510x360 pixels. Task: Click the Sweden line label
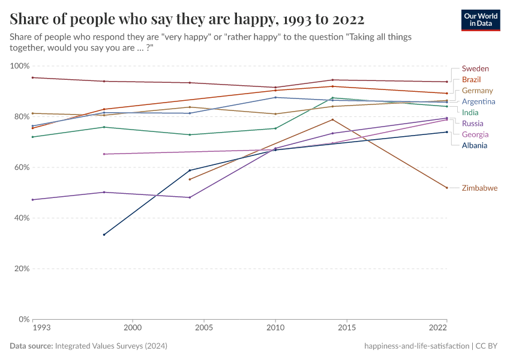(475, 69)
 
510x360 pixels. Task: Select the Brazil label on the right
(472, 80)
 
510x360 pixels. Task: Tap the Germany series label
(478, 91)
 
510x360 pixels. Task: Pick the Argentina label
(478, 102)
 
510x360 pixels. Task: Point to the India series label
(470, 113)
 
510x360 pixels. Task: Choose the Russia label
(472, 124)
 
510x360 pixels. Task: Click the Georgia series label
(475, 134)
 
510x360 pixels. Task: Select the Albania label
(475, 145)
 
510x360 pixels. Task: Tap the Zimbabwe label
(479, 188)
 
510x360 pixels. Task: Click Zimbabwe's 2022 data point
(447, 188)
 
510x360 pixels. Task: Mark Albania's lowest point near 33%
(104, 235)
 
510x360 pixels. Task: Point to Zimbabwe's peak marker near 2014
(332, 119)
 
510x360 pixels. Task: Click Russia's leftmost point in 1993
(33, 200)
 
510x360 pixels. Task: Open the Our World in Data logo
(481, 20)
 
